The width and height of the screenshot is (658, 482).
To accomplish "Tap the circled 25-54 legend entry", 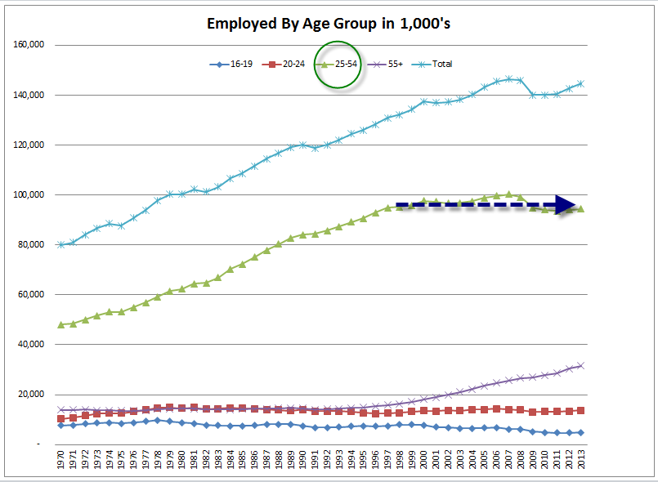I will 338,64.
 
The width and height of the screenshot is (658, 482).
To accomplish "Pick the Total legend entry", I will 434,64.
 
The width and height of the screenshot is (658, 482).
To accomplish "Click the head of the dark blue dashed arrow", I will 565,205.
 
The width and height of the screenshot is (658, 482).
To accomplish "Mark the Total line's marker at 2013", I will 581,83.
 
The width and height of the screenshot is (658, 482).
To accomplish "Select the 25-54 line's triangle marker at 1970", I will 61,324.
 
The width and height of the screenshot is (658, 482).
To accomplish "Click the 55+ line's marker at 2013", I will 581,365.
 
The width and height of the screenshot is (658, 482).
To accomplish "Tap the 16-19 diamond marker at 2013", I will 581,432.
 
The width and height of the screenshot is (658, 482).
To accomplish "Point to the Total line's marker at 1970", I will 61,244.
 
